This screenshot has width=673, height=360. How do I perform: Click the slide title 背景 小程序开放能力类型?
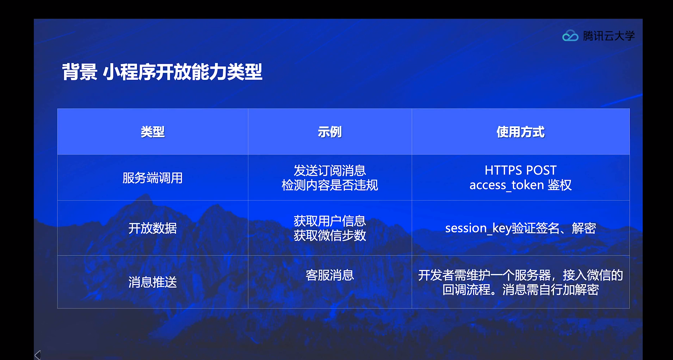coord(162,72)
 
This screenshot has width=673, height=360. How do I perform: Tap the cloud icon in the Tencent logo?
coord(570,36)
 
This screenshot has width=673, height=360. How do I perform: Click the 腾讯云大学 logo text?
coord(609,36)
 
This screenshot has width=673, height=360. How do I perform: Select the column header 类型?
coord(153,132)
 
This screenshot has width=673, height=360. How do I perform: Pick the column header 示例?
coord(330,132)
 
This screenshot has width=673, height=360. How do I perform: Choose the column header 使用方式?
coord(520,132)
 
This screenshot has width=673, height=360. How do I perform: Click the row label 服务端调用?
coord(153,178)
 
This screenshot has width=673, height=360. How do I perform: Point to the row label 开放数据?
coord(153,228)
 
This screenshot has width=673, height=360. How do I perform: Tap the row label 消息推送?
coord(153,282)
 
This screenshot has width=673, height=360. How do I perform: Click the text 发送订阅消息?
coord(330,170)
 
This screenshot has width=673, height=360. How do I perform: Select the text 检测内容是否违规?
coord(330,185)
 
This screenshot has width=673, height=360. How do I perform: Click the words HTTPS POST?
coord(520,170)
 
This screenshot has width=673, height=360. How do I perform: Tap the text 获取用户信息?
coord(330,221)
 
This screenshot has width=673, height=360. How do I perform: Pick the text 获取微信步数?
coord(330,235)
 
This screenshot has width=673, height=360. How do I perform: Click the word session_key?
coord(478,228)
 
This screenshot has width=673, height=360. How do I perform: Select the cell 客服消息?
coord(330,275)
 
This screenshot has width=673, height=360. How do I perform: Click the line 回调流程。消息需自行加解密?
coord(520,290)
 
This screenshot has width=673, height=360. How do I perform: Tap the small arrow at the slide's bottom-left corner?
coord(38,355)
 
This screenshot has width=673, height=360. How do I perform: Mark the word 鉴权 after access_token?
coord(560,185)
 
